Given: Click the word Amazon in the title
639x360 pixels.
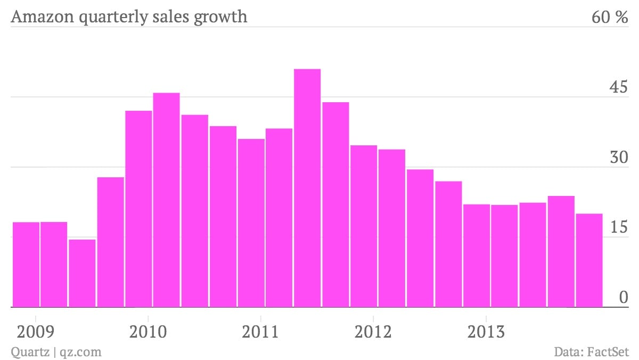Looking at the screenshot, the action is tap(43, 17).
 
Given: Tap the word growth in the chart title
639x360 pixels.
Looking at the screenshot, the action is tap(220, 17).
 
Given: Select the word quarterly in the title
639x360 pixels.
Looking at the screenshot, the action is tap(113, 17).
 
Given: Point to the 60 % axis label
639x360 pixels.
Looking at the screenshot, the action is tap(610, 17).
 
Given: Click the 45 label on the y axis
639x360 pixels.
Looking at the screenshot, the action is tap(619, 86).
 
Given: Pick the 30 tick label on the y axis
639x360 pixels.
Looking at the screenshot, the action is tap(619, 157).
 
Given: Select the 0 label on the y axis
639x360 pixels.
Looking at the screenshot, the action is tap(624, 297).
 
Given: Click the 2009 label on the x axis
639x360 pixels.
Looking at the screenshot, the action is tap(35, 332).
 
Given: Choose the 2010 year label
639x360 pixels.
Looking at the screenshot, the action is tap(148, 332).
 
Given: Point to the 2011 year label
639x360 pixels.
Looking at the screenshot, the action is tap(260, 332).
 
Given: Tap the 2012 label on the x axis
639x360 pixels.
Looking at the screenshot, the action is tap(373, 332).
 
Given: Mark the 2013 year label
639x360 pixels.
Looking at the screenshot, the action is tap(486, 332).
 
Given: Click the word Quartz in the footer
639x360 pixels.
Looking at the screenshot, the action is tap(30, 352).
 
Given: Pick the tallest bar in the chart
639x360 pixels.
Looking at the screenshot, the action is tap(307, 188).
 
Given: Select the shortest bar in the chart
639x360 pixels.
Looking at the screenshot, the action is tap(82, 273).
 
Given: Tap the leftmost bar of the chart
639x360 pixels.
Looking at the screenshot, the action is tap(26, 265).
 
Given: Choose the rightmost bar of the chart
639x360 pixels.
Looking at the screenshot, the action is tap(589, 260).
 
